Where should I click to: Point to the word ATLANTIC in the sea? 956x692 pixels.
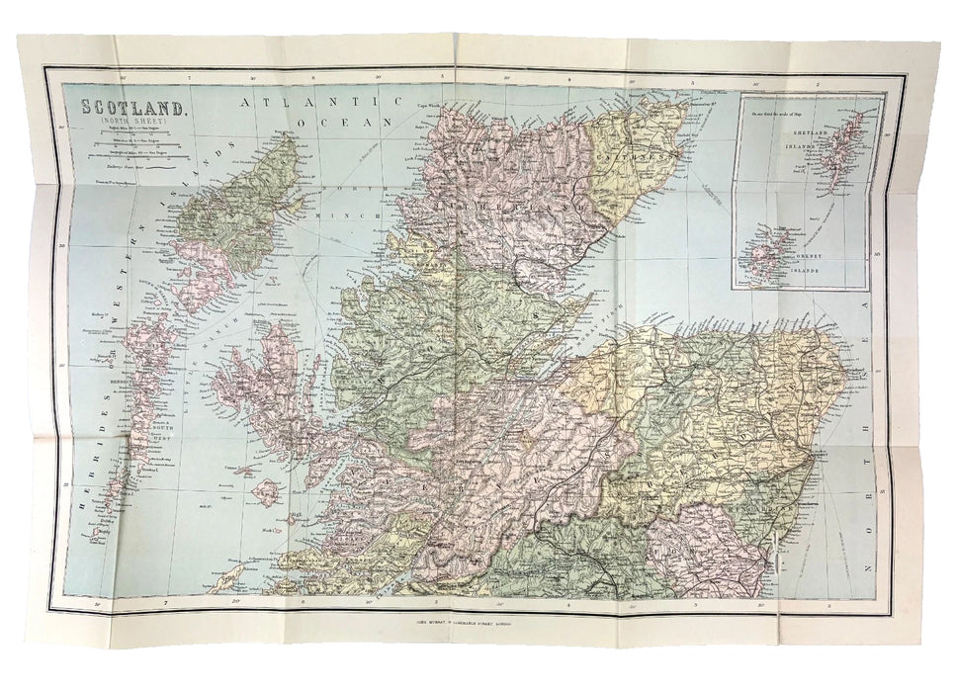(306, 101)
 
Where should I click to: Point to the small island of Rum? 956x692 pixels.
(266, 491)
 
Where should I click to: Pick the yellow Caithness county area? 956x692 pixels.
(633, 173)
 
